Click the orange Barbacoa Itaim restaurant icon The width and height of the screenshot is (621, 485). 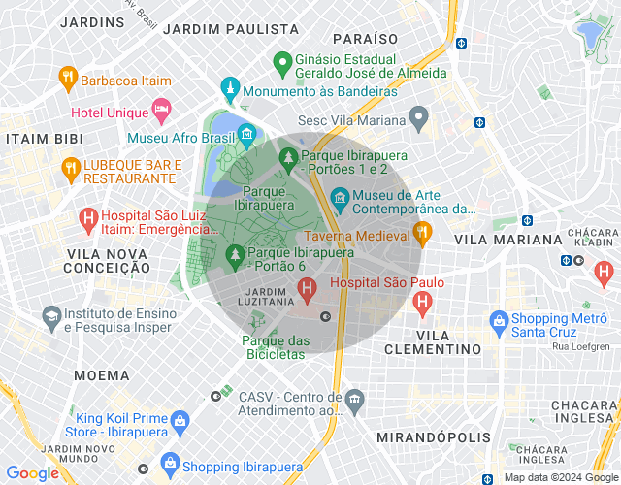[x=68, y=76]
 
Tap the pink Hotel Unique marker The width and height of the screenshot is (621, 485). [x=161, y=108]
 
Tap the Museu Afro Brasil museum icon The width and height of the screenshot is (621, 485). [x=246, y=134]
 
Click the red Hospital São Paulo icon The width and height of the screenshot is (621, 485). [x=308, y=288]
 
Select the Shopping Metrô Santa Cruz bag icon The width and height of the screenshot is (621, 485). [x=499, y=319]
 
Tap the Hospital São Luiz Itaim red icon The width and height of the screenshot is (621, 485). [x=88, y=219]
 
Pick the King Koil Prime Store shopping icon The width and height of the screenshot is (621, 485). [x=179, y=421]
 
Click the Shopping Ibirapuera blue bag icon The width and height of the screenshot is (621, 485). [x=172, y=462]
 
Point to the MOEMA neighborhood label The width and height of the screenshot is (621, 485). [x=100, y=374]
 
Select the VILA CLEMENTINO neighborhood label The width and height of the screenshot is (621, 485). [x=434, y=348]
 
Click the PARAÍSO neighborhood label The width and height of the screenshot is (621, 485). [x=365, y=39]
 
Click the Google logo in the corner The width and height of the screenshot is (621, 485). [x=32, y=473]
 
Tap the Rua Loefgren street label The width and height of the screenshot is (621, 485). [x=580, y=345]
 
